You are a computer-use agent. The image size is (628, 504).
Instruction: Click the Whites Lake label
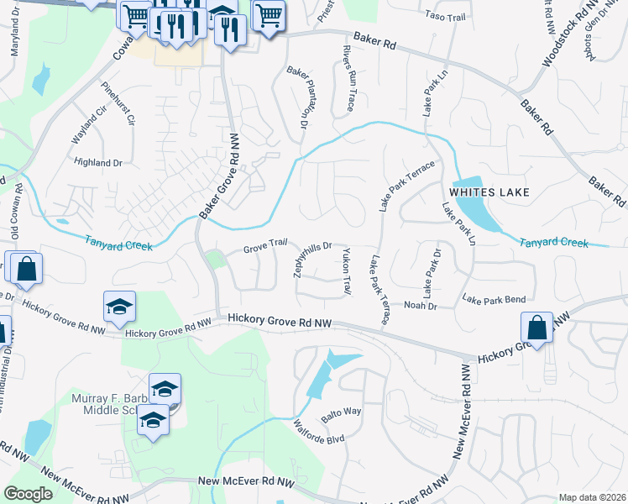click(489, 192)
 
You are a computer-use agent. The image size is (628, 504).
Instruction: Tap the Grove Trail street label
click(265, 245)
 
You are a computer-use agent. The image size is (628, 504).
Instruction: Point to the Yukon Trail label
click(346, 271)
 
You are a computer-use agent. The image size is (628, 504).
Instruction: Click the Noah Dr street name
click(421, 306)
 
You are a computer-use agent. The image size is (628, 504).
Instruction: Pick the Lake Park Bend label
click(494, 300)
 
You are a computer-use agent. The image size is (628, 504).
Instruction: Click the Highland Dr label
click(98, 162)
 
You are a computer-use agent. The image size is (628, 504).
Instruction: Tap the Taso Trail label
click(444, 16)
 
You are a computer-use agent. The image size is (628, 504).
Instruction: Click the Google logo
click(28, 494)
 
